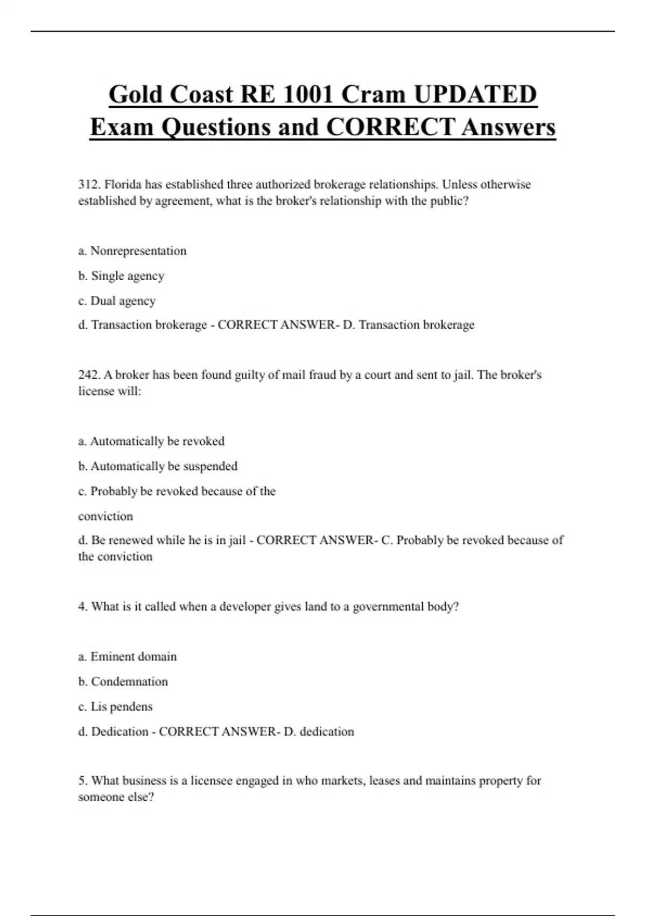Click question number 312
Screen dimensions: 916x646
89,184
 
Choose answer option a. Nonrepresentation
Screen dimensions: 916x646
132,251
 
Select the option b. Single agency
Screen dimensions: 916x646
121,276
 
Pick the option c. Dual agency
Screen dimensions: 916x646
117,301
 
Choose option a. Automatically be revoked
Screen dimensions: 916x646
151,441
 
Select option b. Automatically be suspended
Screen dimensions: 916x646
158,466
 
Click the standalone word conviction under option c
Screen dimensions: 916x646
106,516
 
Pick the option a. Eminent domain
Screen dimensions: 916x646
128,657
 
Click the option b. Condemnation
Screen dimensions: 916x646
123,682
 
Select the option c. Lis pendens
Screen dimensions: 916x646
116,706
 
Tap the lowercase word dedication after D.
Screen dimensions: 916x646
327,732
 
